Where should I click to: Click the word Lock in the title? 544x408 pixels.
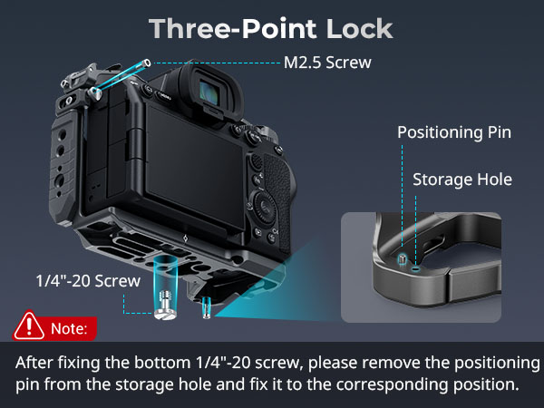(359, 28)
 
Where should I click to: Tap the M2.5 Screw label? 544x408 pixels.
(327, 63)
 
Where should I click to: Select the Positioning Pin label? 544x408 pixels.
(454, 133)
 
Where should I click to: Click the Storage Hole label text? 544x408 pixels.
(462, 180)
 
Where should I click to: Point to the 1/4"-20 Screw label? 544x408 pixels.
(88, 281)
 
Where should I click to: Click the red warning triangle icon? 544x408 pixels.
(29, 326)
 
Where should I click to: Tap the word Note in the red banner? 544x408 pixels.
(69, 328)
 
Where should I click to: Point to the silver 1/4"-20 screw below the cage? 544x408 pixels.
(166, 305)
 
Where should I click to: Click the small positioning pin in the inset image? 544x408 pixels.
(402, 258)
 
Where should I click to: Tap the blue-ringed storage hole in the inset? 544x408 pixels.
(415, 269)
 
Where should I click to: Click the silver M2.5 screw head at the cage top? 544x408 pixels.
(94, 93)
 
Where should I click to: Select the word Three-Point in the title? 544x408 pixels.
(232, 28)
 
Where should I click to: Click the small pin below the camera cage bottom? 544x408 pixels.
(207, 307)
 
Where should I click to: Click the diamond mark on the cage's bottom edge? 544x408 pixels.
(185, 238)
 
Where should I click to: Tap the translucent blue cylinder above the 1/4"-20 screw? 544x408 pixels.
(165, 274)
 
